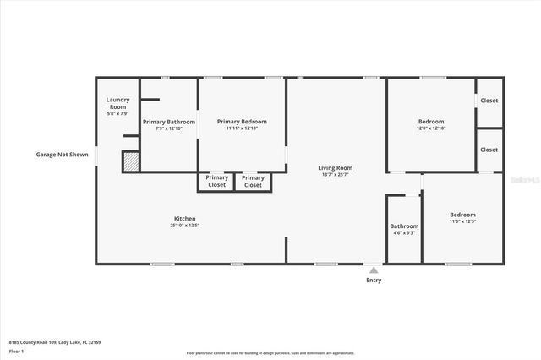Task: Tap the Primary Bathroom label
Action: click(x=169, y=123)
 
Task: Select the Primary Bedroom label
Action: click(x=242, y=123)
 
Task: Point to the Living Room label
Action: click(x=335, y=167)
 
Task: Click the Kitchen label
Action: click(x=185, y=219)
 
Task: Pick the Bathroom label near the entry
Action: click(x=404, y=226)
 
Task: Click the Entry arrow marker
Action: click(x=374, y=270)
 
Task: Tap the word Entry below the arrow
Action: click(x=374, y=281)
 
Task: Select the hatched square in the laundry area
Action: click(x=131, y=161)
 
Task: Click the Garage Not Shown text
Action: click(x=62, y=155)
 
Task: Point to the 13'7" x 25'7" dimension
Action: click(x=335, y=175)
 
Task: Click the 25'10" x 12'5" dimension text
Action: click(x=185, y=226)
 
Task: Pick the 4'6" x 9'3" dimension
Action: click(x=404, y=233)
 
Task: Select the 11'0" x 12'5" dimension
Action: click(x=462, y=222)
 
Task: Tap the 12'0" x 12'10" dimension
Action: click(x=431, y=129)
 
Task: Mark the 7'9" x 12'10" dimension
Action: click(x=169, y=129)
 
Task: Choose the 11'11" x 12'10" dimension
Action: click(x=242, y=129)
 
